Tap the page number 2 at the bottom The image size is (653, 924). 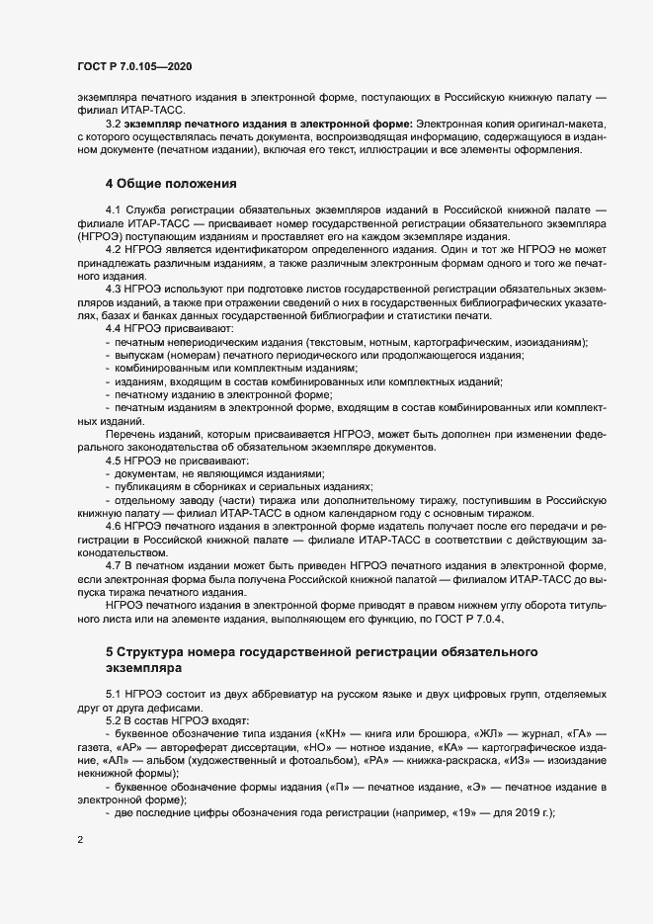click(80, 840)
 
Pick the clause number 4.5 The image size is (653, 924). click(114, 462)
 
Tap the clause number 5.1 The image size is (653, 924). click(114, 695)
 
